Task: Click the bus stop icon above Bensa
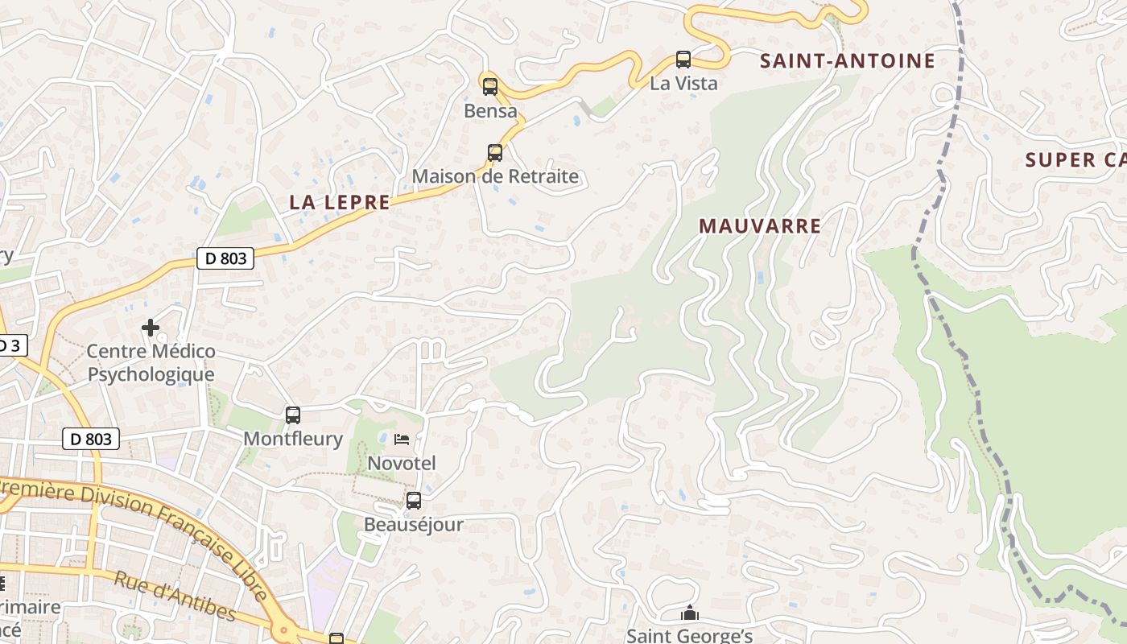click(x=489, y=86)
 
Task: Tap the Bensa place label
click(x=490, y=111)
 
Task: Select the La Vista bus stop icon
click(x=683, y=59)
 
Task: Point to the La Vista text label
click(x=683, y=83)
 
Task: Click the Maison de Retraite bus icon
click(x=495, y=152)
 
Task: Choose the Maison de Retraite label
click(x=495, y=176)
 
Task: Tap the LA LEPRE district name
click(x=340, y=203)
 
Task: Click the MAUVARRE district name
click(x=760, y=226)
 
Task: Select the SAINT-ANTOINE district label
click(x=848, y=61)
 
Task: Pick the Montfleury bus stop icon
click(x=293, y=415)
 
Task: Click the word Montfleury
click(x=293, y=440)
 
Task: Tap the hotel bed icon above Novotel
click(x=402, y=440)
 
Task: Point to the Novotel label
click(x=402, y=464)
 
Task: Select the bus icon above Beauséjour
click(x=414, y=501)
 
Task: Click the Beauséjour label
click(x=414, y=525)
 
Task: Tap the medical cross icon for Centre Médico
click(x=151, y=328)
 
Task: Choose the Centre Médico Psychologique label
click(x=151, y=363)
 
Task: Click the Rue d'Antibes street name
click(x=175, y=597)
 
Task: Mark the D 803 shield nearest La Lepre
click(x=225, y=258)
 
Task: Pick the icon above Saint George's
click(x=690, y=613)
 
